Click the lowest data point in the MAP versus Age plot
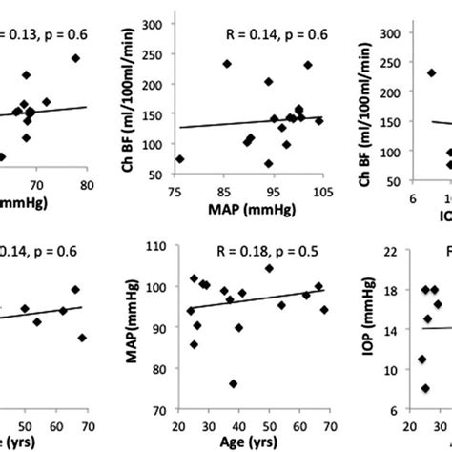click(233, 383)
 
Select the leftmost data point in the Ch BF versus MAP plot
click(180, 159)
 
